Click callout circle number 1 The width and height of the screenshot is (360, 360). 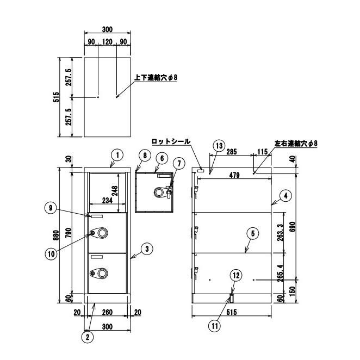(117, 156)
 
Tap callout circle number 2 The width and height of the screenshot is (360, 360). (88, 337)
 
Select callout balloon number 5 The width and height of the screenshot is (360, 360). (253, 233)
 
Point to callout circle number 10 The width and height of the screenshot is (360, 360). (52, 254)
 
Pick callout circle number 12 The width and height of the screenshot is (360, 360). (236, 275)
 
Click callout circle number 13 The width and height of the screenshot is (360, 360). (219, 146)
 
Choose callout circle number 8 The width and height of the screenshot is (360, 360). (145, 156)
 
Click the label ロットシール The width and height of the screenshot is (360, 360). (171, 141)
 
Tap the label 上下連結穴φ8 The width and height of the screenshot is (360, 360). (156, 78)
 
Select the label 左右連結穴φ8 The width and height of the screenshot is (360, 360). (296, 144)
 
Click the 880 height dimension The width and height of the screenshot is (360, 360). (57, 235)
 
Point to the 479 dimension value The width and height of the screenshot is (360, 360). (234, 175)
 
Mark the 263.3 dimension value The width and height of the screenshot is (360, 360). (280, 233)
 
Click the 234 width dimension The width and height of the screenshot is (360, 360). (107, 201)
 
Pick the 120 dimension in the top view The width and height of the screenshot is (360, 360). (107, 42)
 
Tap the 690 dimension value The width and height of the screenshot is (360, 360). (293, 227)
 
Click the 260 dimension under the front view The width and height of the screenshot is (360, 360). (107, 312)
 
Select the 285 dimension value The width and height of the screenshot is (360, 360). (232, 152)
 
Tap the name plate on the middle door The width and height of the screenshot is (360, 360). (97, 216)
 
